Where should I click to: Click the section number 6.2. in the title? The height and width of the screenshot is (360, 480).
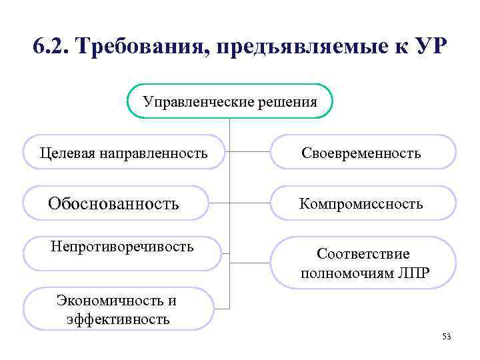[x=53, y=48]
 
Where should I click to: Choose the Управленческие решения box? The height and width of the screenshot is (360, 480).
[x=229, y=101]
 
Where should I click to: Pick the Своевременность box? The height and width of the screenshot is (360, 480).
[x=362, y=153]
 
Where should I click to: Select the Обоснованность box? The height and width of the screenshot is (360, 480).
[x=115, y=203]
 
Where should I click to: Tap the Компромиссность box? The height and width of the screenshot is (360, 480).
[x=362, y=203]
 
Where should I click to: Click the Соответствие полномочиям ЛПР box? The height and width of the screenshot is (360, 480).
[x=363, y=263]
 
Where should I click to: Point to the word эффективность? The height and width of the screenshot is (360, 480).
[x=119, y=319]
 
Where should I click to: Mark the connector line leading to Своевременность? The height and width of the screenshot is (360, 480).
[x=250, y=152]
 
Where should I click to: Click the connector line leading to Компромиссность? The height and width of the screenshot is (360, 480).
[x=250, y=203]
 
